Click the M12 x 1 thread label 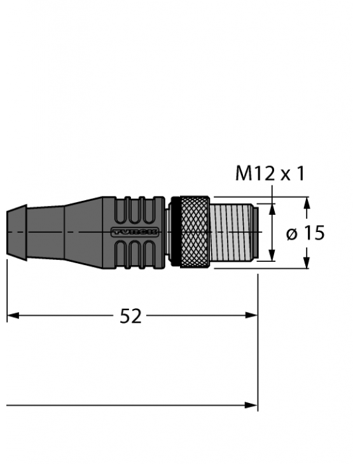[x=270, y=173]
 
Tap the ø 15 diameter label [x=305, y=233]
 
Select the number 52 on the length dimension [x=130, y=316]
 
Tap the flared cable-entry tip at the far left [x=15, y=231]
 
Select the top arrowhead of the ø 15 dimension [x=307, y=203]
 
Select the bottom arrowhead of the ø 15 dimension [x=307, y=263]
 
